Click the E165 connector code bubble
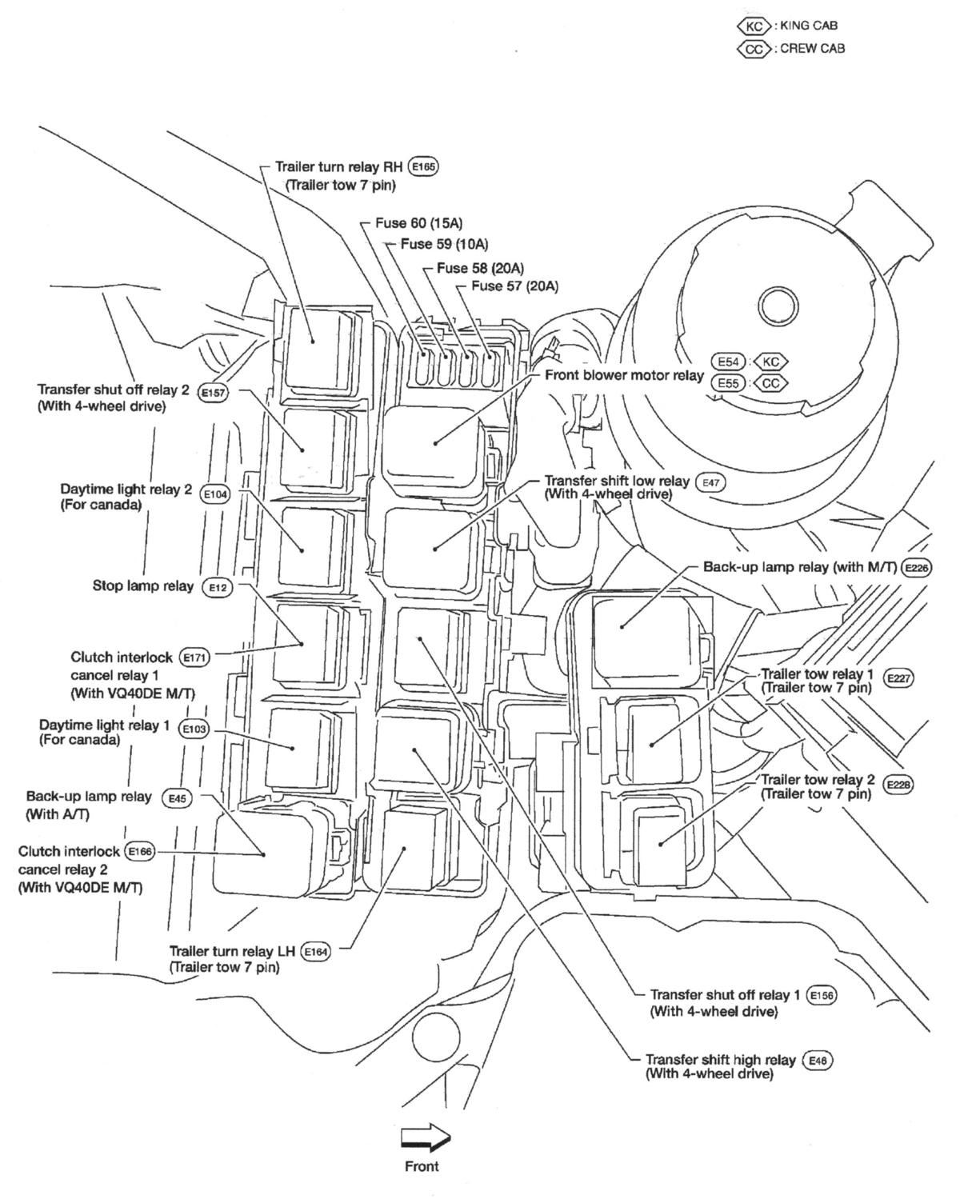click(x=423, y=166)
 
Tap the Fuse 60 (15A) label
click(x=418, y=223)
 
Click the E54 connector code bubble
click(x=728, y=362)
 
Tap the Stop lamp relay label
click(x=143, y=586)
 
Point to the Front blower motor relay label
click(x=624, y=375)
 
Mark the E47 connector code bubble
click(x=710, y=482)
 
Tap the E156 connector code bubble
click(x=822, y=996)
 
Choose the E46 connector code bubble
click(x=817, y=1061)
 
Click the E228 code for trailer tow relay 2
click(x=899, y=785)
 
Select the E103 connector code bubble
click(x=194, y=729)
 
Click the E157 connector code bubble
click(x=213, y=393)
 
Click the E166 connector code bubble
click(x=139, y=852)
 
